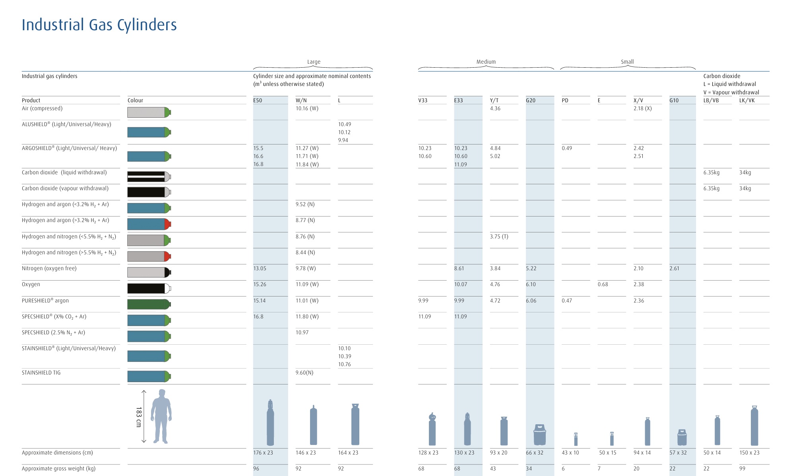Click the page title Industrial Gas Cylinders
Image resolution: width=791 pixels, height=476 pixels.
coord(99,25)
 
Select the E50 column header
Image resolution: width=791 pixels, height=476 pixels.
coord(258,100)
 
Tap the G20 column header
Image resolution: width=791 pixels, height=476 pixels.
coord(531,100)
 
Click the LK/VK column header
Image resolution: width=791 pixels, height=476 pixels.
coord(747,100)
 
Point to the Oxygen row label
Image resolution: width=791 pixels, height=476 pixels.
coord(31,284)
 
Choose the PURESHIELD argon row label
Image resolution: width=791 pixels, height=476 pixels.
coord(45,300)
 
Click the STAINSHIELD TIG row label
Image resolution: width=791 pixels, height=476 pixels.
coord(41,373)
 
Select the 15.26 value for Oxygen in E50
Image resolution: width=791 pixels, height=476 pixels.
coord(260,284)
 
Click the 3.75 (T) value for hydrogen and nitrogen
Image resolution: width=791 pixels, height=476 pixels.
coord(499,236)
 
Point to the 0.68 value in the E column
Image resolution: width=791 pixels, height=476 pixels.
coord(603,284)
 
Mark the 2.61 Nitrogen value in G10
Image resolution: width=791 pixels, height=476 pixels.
coord(674,268)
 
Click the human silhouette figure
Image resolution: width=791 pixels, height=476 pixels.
coord(161,416)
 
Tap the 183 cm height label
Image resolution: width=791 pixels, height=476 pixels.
coord(139,417)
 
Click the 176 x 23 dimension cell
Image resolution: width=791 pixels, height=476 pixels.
coord(263,453)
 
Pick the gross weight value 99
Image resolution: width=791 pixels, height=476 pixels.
coord(742,468)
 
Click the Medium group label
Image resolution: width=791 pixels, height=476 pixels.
coord(486,62)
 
